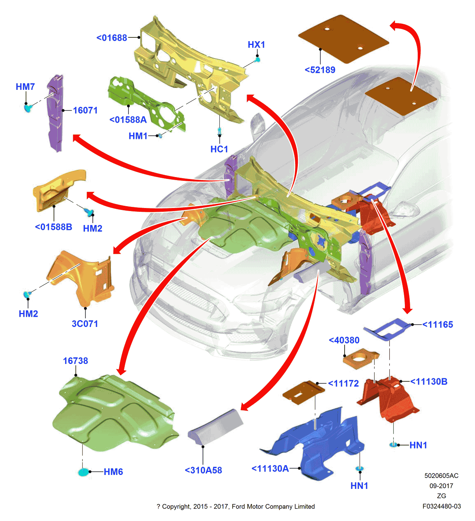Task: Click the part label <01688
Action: coord(112,38)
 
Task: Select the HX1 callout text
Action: coord(256,45)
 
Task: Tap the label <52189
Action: coord(320,70)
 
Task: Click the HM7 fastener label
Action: coord(25,87)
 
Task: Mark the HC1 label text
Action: coord(219,149)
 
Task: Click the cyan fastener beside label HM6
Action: coord(83,472)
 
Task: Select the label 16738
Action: coord(75,361)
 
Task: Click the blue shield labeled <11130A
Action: coord(317,445)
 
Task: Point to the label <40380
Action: coord(344,340)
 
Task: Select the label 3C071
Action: coord(85,324)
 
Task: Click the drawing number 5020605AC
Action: coord(441,476)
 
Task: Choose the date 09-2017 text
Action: coord(441,486)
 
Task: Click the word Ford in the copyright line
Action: coord(239,507)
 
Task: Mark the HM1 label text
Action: coord(138,136)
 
